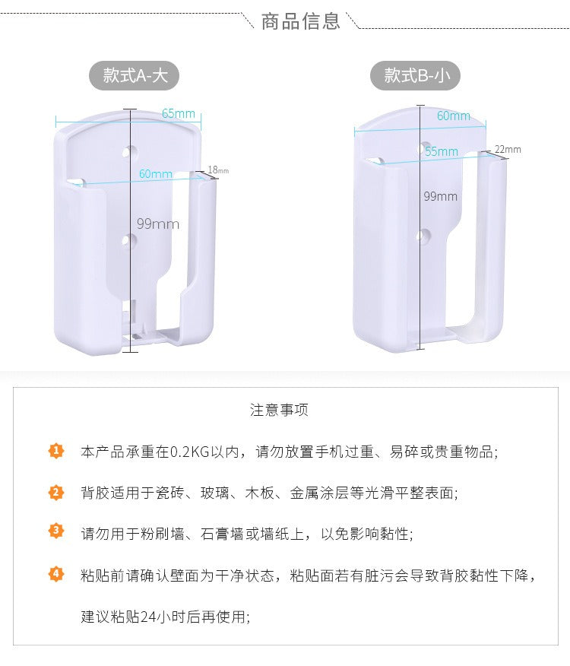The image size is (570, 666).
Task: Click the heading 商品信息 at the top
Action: (x=300, y=21)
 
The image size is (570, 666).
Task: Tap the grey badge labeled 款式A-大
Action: (x=141, y=75)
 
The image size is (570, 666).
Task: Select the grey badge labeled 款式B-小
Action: (x=415, y=75)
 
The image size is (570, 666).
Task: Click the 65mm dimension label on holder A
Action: (x=178, y=114)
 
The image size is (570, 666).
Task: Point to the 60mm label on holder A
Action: (x=156, y=174)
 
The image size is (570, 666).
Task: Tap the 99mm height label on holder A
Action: (x=158, y=224)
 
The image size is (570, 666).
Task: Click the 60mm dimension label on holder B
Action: (x=453, y=116)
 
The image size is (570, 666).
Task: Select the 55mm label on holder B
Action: (x=442, y=152)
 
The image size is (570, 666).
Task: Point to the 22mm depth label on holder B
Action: (x=508, y=149)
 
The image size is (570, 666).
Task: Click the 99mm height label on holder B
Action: (x=441, y=196)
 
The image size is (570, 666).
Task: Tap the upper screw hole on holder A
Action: (x=131, y=152)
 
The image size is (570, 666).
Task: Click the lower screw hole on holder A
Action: (x=130, y=241)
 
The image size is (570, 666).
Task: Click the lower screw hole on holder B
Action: (x=424, y=236)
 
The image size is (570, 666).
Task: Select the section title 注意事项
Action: (x=280, y=411)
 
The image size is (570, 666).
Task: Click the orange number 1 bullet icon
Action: (x=57, y=451)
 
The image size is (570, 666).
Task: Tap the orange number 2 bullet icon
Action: (x=57, y=492)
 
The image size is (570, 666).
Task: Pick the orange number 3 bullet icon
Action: (x=57, y=531)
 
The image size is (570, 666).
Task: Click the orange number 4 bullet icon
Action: (x=57, y=573)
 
